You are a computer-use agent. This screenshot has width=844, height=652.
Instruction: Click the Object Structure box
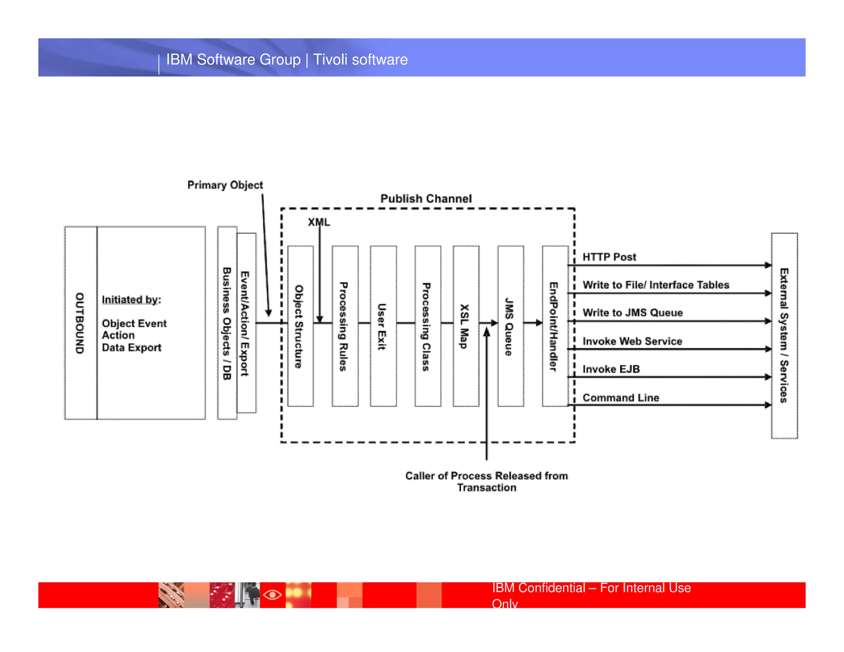[x=300, y=326]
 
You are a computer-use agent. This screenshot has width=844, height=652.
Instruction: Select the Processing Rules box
[x=345, y=326]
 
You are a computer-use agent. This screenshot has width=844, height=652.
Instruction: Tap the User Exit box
[x=383, y=326]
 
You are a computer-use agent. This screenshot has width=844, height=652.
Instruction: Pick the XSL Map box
[x=466, y=326]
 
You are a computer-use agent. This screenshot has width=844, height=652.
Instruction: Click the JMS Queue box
[x=510, y=326]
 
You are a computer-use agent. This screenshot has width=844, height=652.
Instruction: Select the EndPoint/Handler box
[x=555, y=326]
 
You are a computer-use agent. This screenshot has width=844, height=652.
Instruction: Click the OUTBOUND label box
[x=80, y=323]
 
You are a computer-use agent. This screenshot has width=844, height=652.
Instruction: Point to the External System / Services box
[x=784, y=335]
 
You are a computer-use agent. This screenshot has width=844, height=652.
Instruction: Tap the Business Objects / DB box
[x=227, y=323]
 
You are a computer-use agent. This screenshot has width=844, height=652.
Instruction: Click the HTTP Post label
[x=609, y=257]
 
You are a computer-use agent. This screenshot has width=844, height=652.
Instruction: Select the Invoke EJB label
[x=611, y=369]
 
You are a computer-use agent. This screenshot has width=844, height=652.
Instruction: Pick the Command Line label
[x=620, y=398]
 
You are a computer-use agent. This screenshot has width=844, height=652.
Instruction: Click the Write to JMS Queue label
[x=632, y=313]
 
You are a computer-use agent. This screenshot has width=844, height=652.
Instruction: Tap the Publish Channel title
[x=426, y=199]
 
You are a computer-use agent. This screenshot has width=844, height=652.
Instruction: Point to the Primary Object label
[x=225, y=185]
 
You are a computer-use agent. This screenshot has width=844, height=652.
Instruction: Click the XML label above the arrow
[x=319, y=222]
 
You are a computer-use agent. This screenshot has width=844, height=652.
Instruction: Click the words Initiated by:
[x=131, y=300]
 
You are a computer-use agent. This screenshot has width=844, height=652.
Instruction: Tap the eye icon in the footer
[x=272, y=595]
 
